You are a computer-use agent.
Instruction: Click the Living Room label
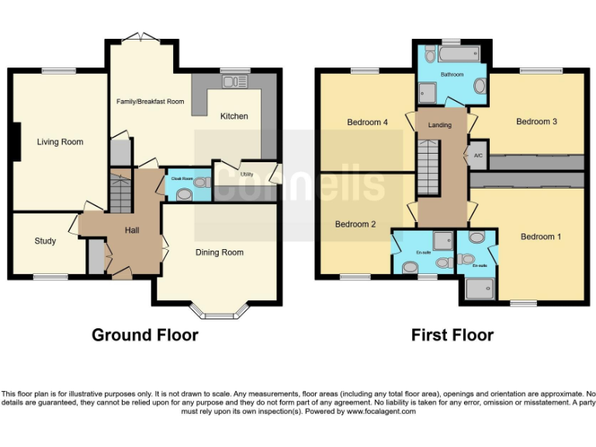click(x=60, y=142)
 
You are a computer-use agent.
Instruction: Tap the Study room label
click(x=45, y=241)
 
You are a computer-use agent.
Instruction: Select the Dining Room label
click(x=219, y=252)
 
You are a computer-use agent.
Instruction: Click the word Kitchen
click(x=234, y=116)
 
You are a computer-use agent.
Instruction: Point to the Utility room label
click(x=247, y=175)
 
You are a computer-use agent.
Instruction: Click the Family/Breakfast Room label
click(x=150, y=102)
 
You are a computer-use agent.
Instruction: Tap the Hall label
click(x=132, y=230)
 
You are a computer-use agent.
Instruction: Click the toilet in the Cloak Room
click(x=201, y=183)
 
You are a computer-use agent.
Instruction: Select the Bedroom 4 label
click(x=367, y=123)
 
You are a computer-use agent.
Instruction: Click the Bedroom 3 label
click(x=537, y=122)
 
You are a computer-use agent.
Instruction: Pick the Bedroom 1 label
click(x=540, y=237)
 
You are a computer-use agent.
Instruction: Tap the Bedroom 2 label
click(x=355, y=224)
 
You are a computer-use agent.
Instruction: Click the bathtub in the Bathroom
click(x=452, y=54)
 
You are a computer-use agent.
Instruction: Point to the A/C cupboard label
click(x=478, y=155)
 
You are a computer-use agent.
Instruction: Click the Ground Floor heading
click(x=144, y=335)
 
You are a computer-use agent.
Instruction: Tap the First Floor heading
click(x=452, y=335)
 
